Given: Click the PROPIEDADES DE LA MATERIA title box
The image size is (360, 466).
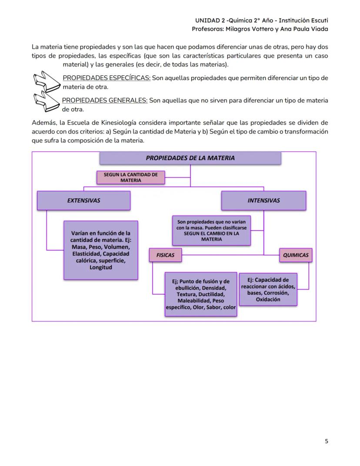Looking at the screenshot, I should click(x=190, y=158).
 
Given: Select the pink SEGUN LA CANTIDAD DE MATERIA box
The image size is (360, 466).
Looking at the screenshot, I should click(x=130, y=177).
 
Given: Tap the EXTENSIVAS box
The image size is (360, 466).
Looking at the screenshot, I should click(x=83, y=201).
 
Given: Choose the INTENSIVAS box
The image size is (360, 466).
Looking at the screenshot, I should click(x=263, y=201).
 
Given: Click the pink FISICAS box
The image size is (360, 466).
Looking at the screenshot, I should click(x=165, y=255).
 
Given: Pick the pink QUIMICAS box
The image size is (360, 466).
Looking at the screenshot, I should click(x=296, y=255).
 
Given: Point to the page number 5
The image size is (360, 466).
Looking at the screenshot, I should click(x=326, y=441).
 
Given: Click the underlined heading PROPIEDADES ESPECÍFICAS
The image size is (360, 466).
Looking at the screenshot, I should click(x=107, y=78).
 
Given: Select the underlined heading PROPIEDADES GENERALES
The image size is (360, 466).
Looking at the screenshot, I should click(x=105, y=101).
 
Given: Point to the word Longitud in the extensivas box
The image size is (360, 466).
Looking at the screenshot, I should click(x=101, y=268).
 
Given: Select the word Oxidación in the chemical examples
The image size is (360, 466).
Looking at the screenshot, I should click(x=268, y=299).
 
